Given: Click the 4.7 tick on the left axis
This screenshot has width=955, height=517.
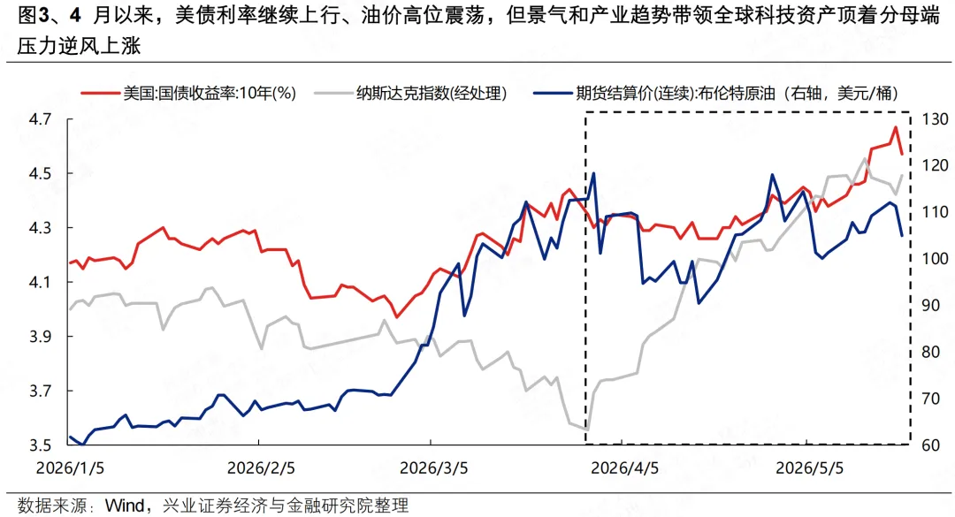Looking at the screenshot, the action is point(40,119).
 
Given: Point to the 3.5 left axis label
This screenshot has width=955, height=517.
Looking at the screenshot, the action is point(40,445).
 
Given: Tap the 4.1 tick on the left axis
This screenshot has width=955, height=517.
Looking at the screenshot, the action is point(40,283).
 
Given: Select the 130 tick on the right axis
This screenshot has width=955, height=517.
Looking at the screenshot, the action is point(935,119).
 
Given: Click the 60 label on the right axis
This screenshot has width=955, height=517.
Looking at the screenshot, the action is point(930,445).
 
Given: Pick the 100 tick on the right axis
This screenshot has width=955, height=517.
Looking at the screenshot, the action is point(935,259).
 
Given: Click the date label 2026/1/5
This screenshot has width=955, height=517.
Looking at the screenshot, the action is point(70,468).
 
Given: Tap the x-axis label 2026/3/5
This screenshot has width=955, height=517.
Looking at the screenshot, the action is point(433,468).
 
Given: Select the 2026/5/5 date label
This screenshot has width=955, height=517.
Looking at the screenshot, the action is point(809,468).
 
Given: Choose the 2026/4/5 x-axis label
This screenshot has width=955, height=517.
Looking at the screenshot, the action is point(625,468).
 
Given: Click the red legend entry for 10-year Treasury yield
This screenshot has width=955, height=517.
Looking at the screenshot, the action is point(189,93).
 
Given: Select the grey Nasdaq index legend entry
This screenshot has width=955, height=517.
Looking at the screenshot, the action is point(410,93).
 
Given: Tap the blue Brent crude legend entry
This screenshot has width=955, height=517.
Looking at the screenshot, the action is point(715,93).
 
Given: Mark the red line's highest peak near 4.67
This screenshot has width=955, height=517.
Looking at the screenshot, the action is point(895,126).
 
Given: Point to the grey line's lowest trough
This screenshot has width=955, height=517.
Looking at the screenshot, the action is point(586,430).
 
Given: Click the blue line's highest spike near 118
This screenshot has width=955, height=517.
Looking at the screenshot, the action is point(593,173).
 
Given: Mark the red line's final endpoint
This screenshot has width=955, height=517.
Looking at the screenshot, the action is point(902,155).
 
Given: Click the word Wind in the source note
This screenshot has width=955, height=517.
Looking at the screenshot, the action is point(125,506).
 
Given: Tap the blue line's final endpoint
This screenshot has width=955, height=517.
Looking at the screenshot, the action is point(902,235).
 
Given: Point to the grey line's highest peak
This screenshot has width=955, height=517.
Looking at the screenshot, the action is point(865,158).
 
